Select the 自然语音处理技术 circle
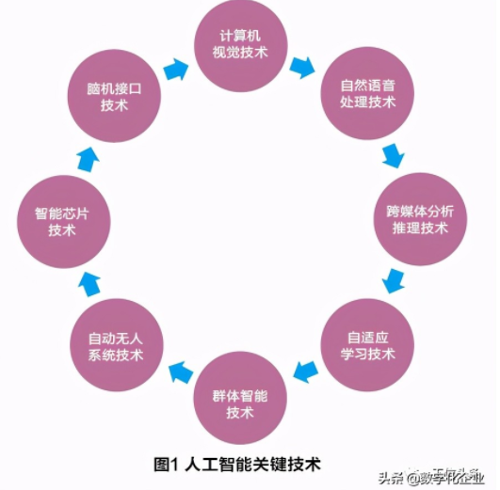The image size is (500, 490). (x=368, y=93)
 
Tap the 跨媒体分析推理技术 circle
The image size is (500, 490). (x=419, y=218)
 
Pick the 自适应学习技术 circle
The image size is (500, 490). (x=370, y=344)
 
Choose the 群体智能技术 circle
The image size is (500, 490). (x=241, y=399)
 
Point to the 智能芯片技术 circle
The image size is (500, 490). (x=62, y=220)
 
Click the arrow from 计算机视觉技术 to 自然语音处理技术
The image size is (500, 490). (x=302, y=69)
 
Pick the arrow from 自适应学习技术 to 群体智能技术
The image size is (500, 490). (x=303, y=371)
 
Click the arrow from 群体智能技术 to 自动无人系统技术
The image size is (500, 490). (x=177, y=372)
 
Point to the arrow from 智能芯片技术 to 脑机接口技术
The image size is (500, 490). (x=87, y=157)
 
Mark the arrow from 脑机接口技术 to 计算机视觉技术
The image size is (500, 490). (x=176, y=69)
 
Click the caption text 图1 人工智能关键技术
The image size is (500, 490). (x=237, y=464)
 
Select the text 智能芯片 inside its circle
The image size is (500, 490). (x=62, y=213)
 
